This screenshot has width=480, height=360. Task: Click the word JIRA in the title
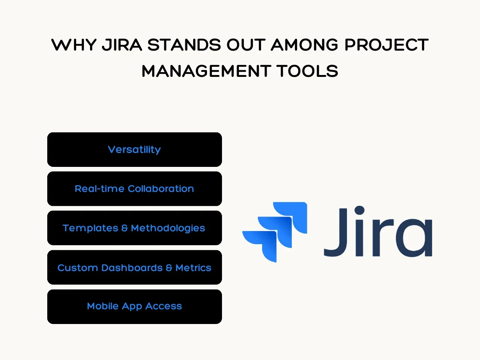coord(122,45)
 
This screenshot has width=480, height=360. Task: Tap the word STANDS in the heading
coord(184,45)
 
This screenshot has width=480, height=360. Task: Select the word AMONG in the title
coord(305,45)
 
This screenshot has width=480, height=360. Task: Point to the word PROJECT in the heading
coord(386,45)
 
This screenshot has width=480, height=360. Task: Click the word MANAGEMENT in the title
coord(206,71)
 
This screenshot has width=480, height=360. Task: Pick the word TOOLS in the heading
coord(307,71)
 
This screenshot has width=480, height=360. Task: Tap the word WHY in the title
coord(74,45)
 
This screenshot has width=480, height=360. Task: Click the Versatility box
coord(135,150)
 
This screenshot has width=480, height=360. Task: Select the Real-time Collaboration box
coord(135,189)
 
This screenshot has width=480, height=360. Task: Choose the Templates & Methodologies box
coord(135,228)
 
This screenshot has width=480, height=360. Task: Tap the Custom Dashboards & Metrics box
coord(135,267)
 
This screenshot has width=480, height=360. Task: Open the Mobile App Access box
coord(135,307)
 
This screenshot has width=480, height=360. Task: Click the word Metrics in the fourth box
coord(193,268)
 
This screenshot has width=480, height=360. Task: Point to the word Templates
coord(90,228)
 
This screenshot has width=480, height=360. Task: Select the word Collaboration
coord(161,189)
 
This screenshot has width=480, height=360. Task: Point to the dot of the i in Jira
coord(359,210)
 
